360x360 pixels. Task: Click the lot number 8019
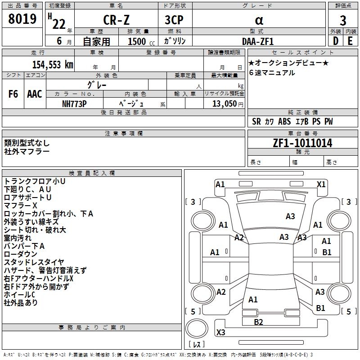[22, 19]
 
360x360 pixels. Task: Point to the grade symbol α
[259, 20]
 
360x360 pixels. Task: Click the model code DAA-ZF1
[258, 41]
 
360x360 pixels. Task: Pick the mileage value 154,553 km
[52, 65]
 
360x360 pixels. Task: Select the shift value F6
[13, 94]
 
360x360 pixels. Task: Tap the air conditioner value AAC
[35, 94]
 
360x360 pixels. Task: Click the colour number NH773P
[75, 103]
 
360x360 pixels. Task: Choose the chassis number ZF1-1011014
[302, 144]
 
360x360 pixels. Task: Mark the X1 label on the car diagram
[321, 184]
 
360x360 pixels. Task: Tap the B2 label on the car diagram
[258, 322]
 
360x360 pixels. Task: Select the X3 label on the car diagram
[220, 333]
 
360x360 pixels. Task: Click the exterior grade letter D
[335, 41]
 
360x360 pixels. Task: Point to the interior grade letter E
[350, 41]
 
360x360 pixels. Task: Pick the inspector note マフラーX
[22, 205]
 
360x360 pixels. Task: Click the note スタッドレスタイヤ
[34, 262]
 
